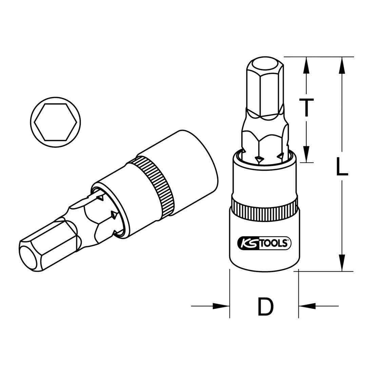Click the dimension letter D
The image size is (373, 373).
(x=265, y=306)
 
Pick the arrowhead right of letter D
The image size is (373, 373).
(x=307, y=306)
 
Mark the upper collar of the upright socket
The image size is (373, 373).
(x=265, y=178)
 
